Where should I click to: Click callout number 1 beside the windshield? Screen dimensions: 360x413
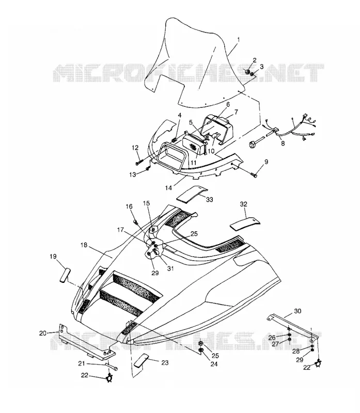(238, 40)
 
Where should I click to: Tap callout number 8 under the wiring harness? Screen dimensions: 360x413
(283, 144)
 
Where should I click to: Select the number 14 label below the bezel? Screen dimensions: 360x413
(168, 187)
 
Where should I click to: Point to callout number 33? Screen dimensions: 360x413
(209, 200)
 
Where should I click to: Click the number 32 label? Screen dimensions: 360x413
(243, 204)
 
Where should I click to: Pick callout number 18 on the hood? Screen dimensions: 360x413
(84, 245)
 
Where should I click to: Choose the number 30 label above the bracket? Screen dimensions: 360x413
(298, 311)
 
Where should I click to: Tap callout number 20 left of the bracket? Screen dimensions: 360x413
(43, 333)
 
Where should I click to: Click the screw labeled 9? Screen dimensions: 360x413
(254, 174)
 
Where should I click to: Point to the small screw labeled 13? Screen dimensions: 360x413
(148, 169)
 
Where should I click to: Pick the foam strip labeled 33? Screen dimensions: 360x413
(192, 194)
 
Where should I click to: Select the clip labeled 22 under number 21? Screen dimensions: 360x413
(108, 378)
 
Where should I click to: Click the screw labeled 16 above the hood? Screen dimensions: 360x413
(136, 221)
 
